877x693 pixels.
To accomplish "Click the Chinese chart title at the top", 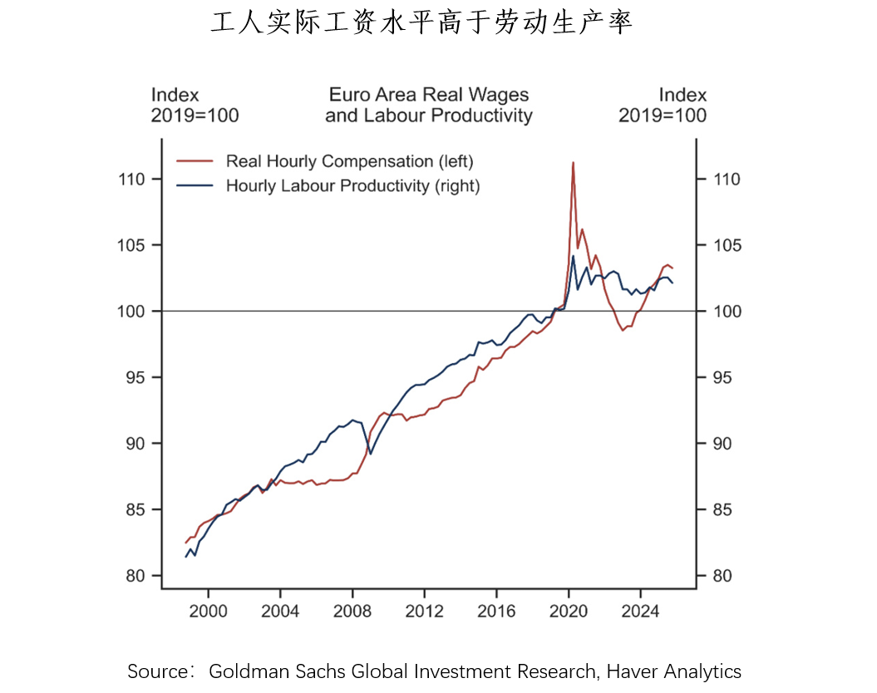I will click(x=421, y=23).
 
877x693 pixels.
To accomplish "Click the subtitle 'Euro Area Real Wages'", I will click(x=429, y=95).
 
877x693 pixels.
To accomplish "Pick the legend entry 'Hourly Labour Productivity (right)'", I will click(x=352, y=185).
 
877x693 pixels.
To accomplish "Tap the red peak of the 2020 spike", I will click(x=573, y=163).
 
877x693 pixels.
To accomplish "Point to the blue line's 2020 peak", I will click(x=573, y=256).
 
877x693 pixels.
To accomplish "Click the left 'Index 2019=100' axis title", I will click(x=195, y=106).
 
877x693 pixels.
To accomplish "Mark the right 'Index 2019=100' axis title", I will click(x=663, y=106).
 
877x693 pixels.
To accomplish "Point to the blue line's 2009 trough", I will click(x=371, y=454).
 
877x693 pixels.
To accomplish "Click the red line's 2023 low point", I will click(x=622, y=330).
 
